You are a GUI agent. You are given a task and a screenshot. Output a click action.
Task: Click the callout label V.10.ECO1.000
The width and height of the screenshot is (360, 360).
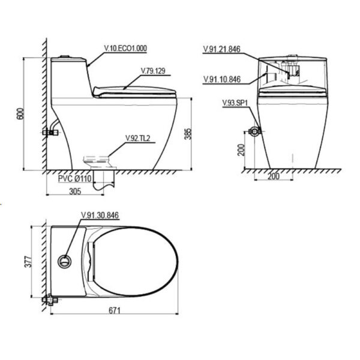pos(125,49)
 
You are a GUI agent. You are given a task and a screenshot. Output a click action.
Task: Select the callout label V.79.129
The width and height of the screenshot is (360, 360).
pos(153,71)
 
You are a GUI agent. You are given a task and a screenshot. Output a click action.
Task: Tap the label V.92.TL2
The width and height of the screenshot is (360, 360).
pos(138,138)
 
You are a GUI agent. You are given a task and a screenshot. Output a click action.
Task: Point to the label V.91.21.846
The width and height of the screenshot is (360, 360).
pos(222,49)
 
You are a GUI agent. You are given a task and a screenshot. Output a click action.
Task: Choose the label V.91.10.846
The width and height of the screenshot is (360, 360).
pos(222,79)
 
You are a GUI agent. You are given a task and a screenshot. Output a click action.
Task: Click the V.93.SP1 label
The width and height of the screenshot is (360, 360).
pos(235,103)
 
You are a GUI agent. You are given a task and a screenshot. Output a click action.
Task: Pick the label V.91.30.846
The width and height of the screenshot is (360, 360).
pos(100,215)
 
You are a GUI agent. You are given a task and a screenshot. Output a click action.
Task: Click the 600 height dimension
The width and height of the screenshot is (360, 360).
pos(20,113)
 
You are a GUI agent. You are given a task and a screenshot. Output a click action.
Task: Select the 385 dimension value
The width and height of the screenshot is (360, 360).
pos(188,134)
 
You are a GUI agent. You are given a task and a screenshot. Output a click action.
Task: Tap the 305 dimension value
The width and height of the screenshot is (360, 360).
pos(76,191)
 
